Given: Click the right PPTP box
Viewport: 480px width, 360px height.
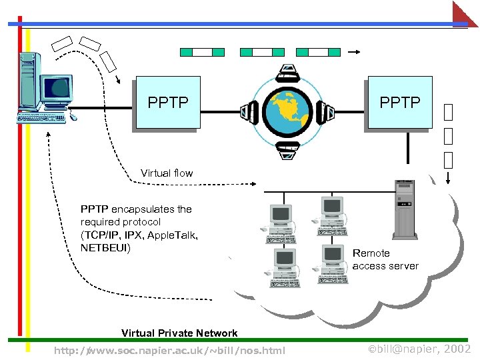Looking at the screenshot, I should pyautogui.click(x=399, y=103).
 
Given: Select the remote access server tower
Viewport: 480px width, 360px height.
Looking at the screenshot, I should pyautogui.click(x=405, y=209).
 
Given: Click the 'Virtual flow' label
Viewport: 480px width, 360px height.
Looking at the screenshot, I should pyautogui.click(x=167, y=173).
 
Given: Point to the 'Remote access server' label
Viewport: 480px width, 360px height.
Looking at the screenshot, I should pyautogui.click(x=385, y=259).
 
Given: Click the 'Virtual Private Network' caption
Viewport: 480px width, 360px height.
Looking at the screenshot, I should pyautogui.click(x=179, y=333).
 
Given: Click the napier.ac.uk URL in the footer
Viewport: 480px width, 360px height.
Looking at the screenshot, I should pyautogui.click(x=169, y=351).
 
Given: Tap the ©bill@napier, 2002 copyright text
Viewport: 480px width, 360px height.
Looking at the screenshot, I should pyautogui.click(x=419, y=349).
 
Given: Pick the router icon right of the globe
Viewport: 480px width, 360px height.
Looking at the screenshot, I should pyautogui.click(x=325, y=113).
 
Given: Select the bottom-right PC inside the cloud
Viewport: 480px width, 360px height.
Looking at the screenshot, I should pyautogui.click(x=334, y=263).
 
